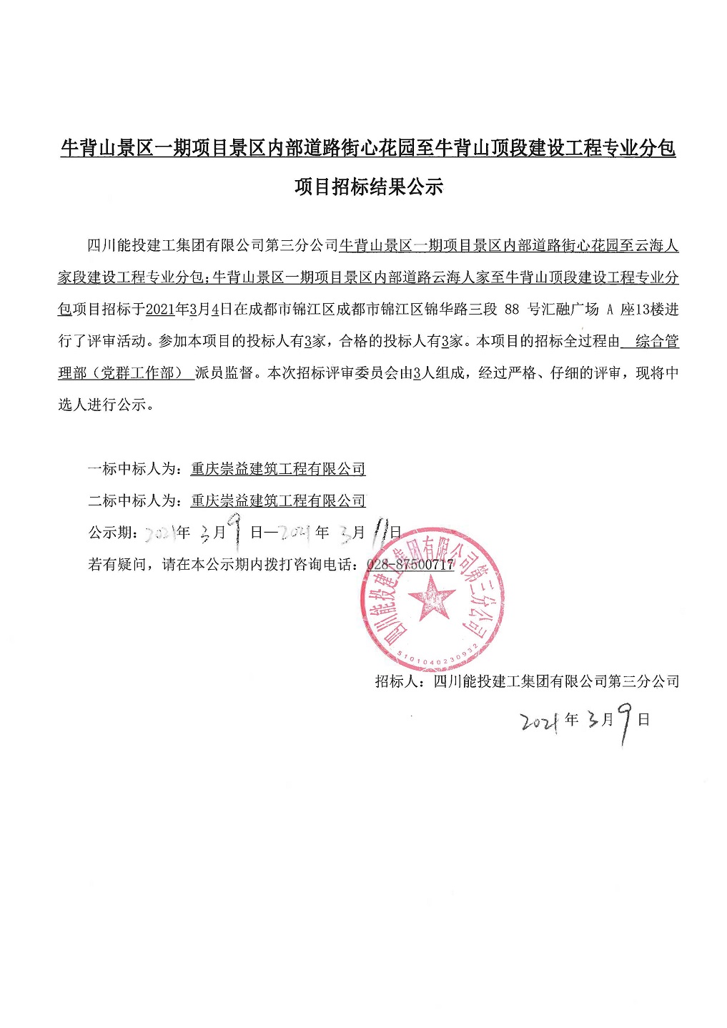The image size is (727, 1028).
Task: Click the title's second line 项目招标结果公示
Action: (x=369, y=187)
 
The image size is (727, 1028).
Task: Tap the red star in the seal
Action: (x=432, y=597)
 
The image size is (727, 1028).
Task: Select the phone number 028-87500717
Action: (x=410, y=564)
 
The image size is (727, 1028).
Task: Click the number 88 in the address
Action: (x=512, y=310)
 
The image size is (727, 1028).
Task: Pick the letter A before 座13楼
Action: (x=610, y=310)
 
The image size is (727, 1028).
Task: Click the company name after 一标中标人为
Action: (x=278, y=469)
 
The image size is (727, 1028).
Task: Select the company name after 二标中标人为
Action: (x=278, y=500)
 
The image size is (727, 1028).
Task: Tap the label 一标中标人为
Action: (x=135, y=469)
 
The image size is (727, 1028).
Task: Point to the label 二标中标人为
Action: (x=135, y=500)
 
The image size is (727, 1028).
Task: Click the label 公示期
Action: (x=112, y=533)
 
